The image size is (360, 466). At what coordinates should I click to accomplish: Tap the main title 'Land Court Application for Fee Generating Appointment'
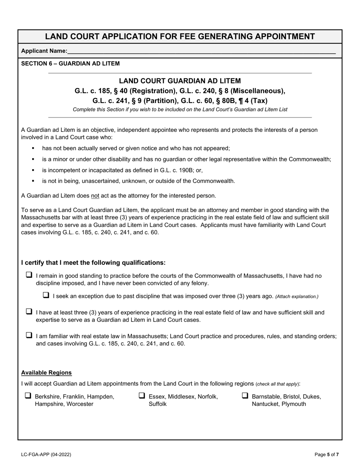pos(180,36)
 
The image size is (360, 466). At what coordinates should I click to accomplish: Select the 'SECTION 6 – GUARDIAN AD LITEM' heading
pos(70,64)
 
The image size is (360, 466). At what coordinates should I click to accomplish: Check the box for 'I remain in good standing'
pos(29,275)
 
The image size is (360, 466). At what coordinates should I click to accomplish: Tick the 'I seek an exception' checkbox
pos(46,296)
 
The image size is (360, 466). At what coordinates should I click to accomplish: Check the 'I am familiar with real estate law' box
pos(29,335)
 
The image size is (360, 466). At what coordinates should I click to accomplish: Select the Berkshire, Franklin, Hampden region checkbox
pos(28,396)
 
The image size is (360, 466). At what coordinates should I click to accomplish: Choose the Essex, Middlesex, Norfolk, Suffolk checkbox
pos(142,396)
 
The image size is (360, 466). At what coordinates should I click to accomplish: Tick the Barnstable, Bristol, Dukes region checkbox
pos(245,396)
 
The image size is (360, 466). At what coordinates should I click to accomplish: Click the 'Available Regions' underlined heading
pos(46,373)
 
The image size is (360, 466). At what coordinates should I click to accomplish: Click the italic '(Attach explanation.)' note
pos(297,297)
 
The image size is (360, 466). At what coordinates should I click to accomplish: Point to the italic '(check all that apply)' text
pos(277,384)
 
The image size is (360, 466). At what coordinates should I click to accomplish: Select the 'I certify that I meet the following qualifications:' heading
pos(93,263)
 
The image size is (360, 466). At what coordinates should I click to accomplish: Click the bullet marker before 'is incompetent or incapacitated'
pos(33,170)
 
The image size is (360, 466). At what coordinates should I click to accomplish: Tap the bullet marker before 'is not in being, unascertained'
pos(33,181)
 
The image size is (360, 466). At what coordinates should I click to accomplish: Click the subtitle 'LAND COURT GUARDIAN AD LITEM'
pos(180,81)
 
